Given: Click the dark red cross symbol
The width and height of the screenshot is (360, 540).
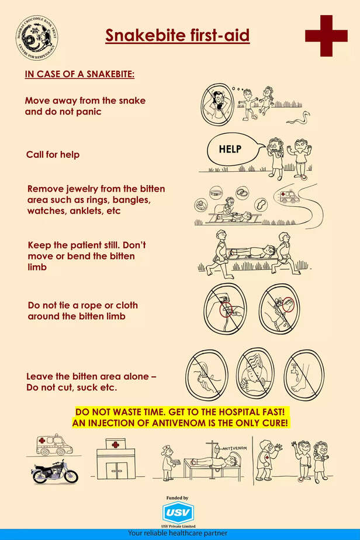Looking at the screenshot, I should click(326, 36).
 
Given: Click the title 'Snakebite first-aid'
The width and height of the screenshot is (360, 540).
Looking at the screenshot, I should click(177, 36).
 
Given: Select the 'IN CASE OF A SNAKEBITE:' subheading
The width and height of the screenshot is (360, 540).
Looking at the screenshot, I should click(79, 75).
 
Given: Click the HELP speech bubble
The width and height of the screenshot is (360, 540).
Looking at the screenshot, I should click(230, 149).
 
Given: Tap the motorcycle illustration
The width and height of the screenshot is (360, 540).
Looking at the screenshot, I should click(55, 471).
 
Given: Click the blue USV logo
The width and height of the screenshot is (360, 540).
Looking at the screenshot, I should click(178, 513).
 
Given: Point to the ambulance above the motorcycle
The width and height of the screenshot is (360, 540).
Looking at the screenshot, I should click(51, 444).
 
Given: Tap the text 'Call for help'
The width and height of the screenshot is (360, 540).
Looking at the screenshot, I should click(53, 155).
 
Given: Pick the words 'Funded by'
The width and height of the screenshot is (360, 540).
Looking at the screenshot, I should click(178, 498).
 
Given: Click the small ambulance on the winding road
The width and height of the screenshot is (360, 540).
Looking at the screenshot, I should click(289, 196).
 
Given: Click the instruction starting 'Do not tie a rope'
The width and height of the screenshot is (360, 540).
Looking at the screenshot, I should click(83, 310).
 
